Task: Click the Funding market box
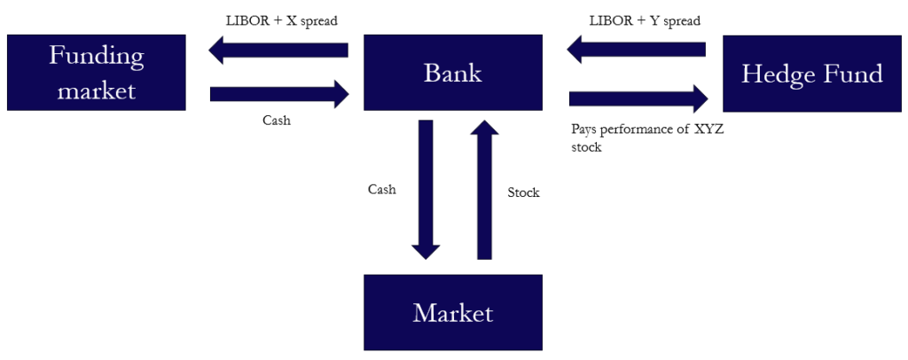coord(96,73)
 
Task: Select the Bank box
coord(453,73)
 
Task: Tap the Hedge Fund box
coord(811,74)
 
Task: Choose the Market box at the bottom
coord(453,312)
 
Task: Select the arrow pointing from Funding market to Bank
coord(278,93)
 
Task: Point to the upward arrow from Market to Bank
coord(484,190)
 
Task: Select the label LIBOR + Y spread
coord(646,20)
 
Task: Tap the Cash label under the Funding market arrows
coord(277,121)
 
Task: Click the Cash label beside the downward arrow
coord(382,189)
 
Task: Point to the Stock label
coord(523,192)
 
